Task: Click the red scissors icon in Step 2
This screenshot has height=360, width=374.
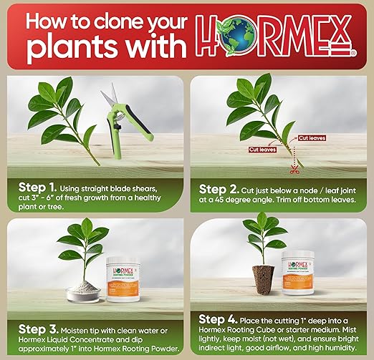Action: [293, 171]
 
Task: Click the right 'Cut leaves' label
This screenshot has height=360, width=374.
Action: [313, 138]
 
